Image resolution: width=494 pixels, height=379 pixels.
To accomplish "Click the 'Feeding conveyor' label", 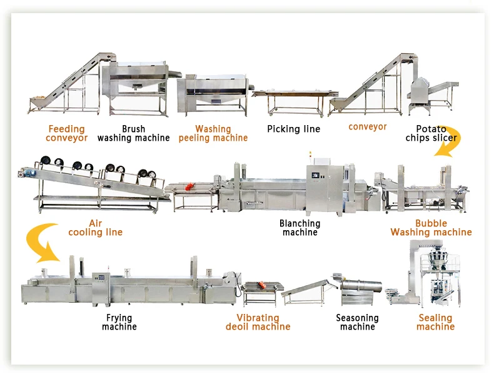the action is pyautogui.click(x=66, y=133).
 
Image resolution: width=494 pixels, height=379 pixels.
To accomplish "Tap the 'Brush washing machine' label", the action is pyautogui.click(x=134, y=133).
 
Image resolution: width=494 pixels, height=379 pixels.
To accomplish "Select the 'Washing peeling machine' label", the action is pyautogui.click(x=213, y=133).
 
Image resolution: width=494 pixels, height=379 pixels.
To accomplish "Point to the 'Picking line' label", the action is pyautogui.click(x=294, y=129).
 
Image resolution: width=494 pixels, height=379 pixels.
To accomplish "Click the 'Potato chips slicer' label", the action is pyautogui.click(x=431, y=133).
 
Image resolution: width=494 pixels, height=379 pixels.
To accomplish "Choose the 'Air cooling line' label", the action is pyautogui.click(x=96, y=228).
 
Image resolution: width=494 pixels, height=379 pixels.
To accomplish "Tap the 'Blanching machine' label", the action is pyautogui.click(x=300, y=228).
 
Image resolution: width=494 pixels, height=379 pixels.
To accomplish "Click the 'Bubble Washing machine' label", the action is pyautogui.click(x=431, y=228).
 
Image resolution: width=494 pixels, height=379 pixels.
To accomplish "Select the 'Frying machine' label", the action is pyautogui.click(x=119, y=322).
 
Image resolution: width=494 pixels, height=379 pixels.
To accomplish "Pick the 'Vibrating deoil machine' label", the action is pyautogui.click(x=258, y=322).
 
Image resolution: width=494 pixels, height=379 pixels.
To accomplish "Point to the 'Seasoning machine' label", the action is pyautogui.click(x=357, y=322).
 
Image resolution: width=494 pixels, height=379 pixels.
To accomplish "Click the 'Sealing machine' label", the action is pyautogui.click(x=435, y=322).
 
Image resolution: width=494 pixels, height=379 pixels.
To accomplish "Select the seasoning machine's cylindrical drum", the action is pyautogui.click(x=362, y=285).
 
